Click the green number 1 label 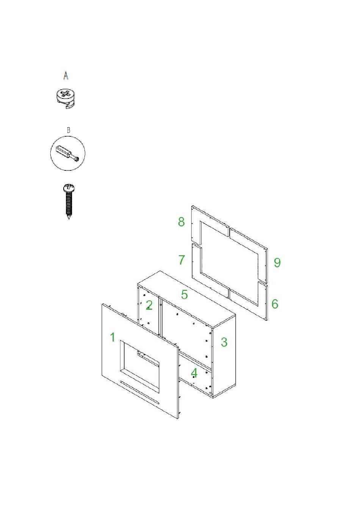click(x=113, y=337)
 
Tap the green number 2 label click(x=149, y=305)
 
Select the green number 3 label click(x=224, y=342)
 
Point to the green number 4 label click(x=194, y=373)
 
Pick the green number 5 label click(x=185, y=295)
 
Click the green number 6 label click(x=275, y=304)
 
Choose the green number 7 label click(x=181, y=260)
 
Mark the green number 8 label click(x=181, y=222)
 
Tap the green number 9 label click(x=277, y=262)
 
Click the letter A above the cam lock click(x=66, y=76)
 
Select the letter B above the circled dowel click(x=69, y=130)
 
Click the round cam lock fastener click(x=66, y=98)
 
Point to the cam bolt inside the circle click(x=67, y=154)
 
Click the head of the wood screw click(x=69, y=188)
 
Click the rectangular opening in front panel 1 click(x=139, y=367)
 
